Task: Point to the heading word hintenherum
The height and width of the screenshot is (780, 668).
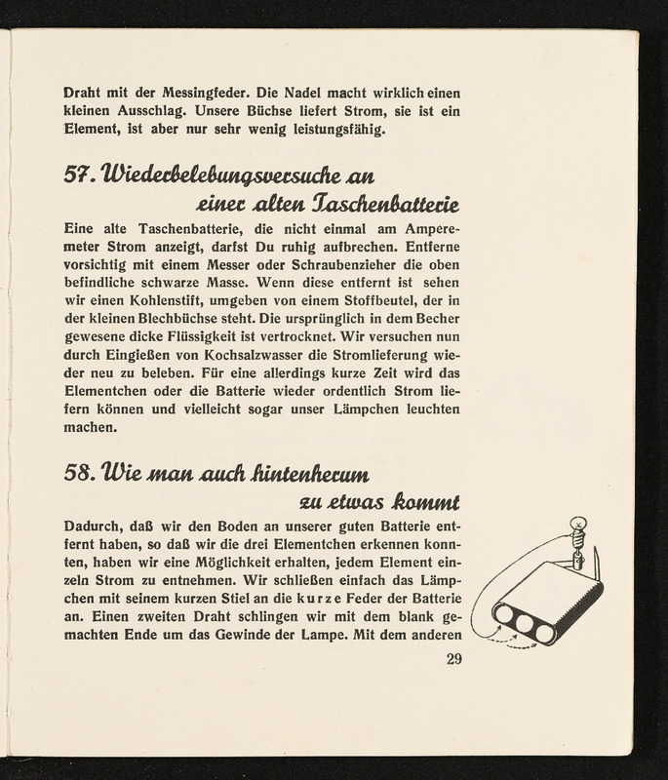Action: click(307, 475)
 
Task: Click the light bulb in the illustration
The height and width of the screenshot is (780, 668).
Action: click(576, 526)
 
